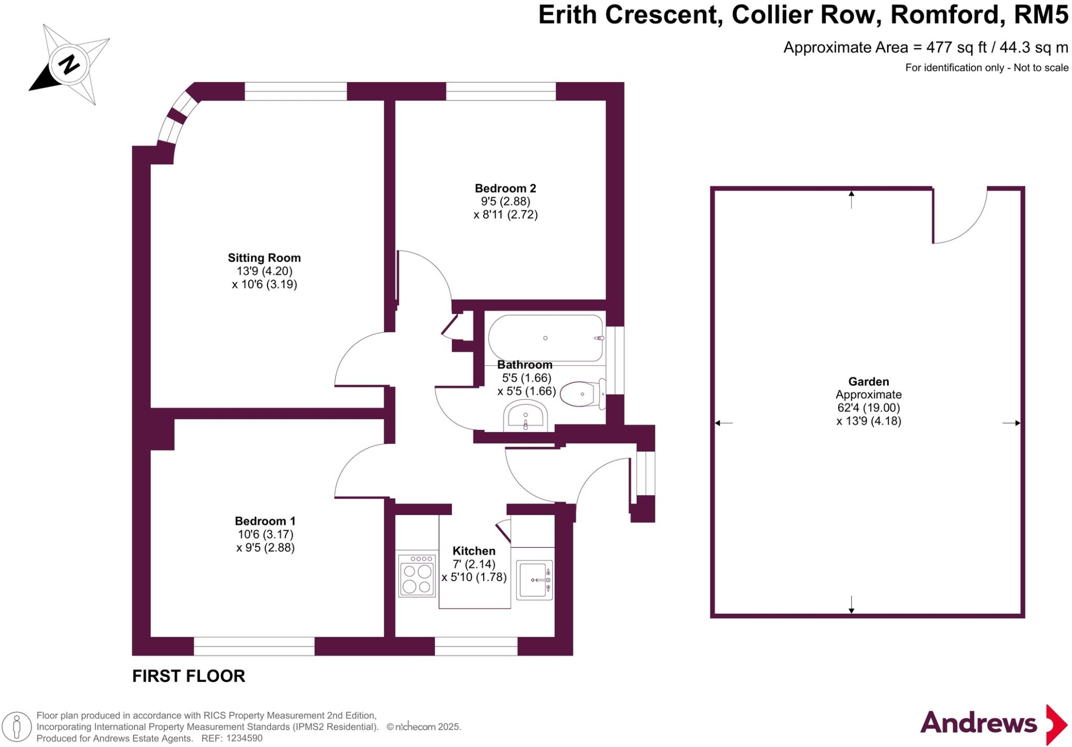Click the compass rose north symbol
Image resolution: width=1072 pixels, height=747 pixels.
point(69,65)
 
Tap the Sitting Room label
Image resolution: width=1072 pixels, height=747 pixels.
point(264,258)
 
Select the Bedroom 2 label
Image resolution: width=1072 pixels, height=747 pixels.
point(505,188)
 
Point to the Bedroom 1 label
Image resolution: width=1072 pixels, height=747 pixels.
point(265,521)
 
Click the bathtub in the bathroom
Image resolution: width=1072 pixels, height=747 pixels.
point(545,338)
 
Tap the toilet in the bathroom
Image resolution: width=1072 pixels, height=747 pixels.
point(581,394)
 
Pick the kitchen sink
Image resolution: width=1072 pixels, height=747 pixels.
point(534,579)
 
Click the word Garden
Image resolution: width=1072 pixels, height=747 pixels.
point(868,382)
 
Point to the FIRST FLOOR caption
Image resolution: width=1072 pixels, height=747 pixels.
point(188,676)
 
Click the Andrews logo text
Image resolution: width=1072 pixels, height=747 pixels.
point(978,723)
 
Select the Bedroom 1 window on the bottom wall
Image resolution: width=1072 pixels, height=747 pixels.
point(254,646)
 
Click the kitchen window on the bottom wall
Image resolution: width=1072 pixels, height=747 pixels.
point(476,646)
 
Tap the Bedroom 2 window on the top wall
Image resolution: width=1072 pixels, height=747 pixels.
point(500,91)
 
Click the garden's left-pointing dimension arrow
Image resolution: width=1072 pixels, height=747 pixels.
point(723,423)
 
